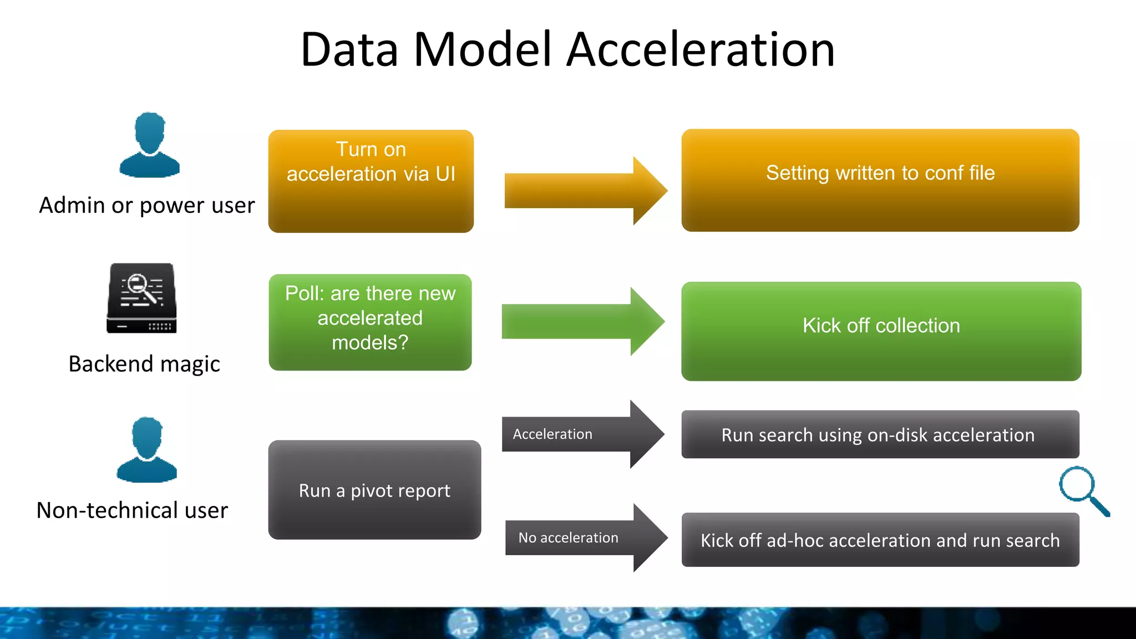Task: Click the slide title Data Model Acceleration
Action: [567, 50]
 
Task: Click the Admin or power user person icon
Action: [149, 145]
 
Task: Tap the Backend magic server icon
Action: [141, 298]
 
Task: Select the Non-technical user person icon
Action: [147, 450]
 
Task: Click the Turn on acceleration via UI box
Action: [371, 181]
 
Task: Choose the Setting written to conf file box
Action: [880, 180]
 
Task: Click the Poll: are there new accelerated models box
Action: [370, 322]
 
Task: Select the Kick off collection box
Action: [881, 331]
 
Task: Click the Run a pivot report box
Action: [374, 490]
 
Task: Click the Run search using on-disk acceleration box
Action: [880, 434]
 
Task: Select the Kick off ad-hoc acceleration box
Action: [880, 540]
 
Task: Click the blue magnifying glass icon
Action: [1082, 489]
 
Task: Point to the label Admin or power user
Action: [147, 205]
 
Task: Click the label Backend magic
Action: [144, 364]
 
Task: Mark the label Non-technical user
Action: [132, 510]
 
